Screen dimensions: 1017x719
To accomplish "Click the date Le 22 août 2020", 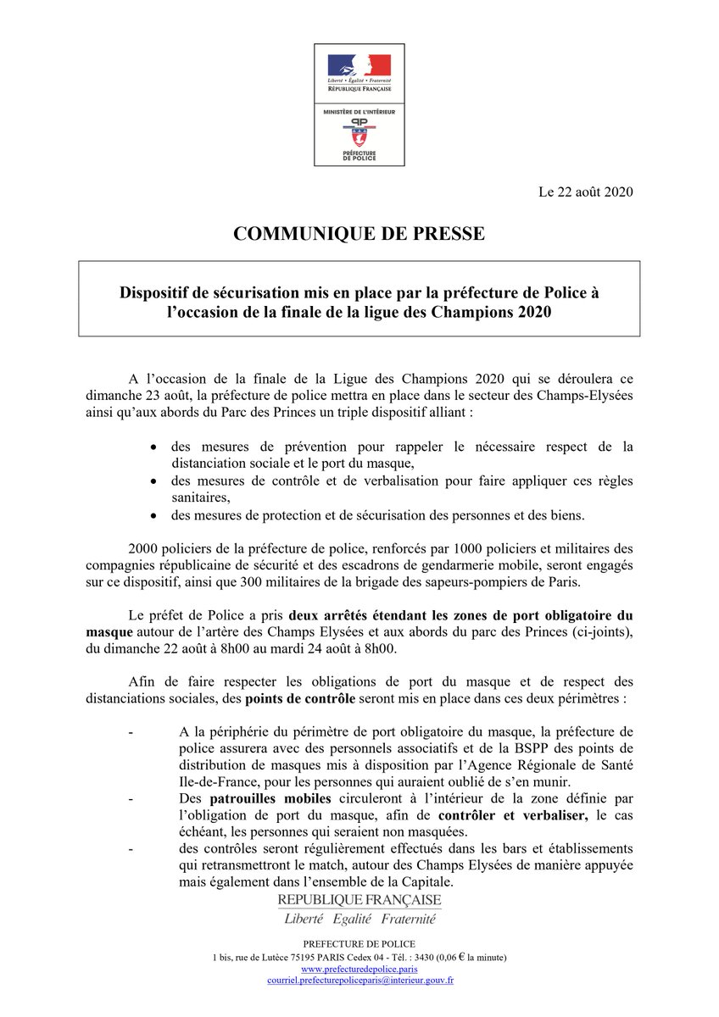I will coord(586,192).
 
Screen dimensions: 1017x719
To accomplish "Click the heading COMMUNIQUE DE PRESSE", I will coord(359,234).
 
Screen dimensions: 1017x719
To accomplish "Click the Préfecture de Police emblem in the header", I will coord(359,136).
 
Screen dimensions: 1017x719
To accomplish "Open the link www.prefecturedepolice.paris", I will coord(359,968).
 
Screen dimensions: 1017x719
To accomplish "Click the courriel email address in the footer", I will coord(359,980).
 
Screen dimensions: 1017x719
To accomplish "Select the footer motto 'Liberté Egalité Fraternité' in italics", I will coord(359,919).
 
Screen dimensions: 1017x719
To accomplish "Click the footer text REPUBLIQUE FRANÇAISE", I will coord(359,899).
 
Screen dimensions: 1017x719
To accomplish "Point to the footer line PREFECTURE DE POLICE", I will coord(359,944).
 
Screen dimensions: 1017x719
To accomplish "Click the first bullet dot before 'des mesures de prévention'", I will coord(153,447).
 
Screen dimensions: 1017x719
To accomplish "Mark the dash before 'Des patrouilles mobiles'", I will coord(130,797).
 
